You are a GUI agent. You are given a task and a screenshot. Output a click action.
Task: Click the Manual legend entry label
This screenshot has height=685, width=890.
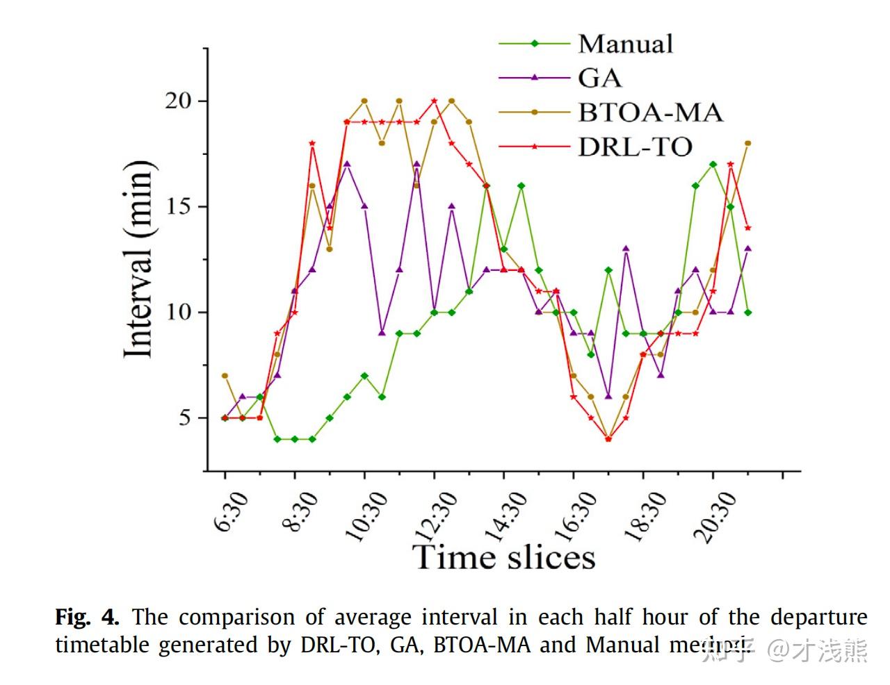point(625,44)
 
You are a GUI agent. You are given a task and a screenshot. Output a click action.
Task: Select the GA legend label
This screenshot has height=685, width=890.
point(599,78)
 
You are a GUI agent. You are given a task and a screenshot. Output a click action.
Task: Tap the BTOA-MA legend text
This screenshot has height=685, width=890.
point(650,112)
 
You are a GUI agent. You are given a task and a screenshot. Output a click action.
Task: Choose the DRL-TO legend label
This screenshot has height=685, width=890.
point(635,147)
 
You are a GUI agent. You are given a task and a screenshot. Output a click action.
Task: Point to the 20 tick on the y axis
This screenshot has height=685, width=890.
point(177,101)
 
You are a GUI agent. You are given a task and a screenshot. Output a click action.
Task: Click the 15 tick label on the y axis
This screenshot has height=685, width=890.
point(177,207)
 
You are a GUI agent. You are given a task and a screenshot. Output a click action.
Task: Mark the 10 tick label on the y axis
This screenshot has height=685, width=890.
point(177,313)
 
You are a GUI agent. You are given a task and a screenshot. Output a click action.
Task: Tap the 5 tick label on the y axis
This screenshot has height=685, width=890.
point(184,418)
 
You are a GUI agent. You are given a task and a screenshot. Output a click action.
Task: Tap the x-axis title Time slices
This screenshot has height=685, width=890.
point(504,557)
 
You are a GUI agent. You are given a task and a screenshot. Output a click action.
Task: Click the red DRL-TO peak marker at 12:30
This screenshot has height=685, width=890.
point(435,101)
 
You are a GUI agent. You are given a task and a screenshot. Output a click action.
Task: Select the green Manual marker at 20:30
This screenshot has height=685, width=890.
point(713,165)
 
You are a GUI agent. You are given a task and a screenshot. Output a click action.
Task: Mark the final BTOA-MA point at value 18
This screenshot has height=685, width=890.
point(748,143)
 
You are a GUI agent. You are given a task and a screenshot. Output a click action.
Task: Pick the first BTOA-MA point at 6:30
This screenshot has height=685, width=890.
point(225,376)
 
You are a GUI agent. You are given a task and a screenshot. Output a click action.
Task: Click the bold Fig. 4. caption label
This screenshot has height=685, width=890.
point(87,617)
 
